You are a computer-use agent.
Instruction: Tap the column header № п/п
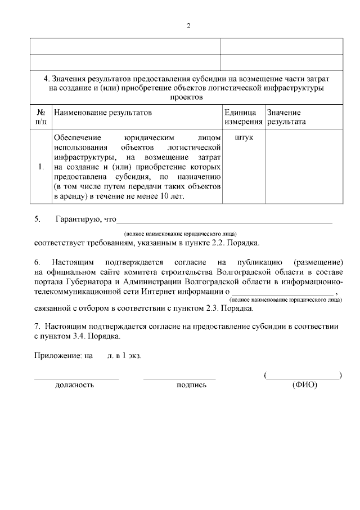(x=40, y=117)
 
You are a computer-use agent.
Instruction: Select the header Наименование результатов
(x=103, y=113)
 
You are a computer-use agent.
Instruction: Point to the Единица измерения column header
(x=244, y=117)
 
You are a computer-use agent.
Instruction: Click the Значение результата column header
(x=286, y=117)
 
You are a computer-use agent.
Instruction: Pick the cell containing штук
(x=243, y=137)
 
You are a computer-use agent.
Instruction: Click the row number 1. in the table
(x=40, y=167)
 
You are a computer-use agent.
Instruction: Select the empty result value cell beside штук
(x=304, y=167)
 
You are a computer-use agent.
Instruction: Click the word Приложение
(x=54, y=356)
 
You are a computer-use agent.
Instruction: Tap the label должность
(x=75, y=386)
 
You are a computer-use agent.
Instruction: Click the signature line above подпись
(x=179, y=379)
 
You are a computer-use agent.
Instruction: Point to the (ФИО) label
(x=305, y=386)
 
